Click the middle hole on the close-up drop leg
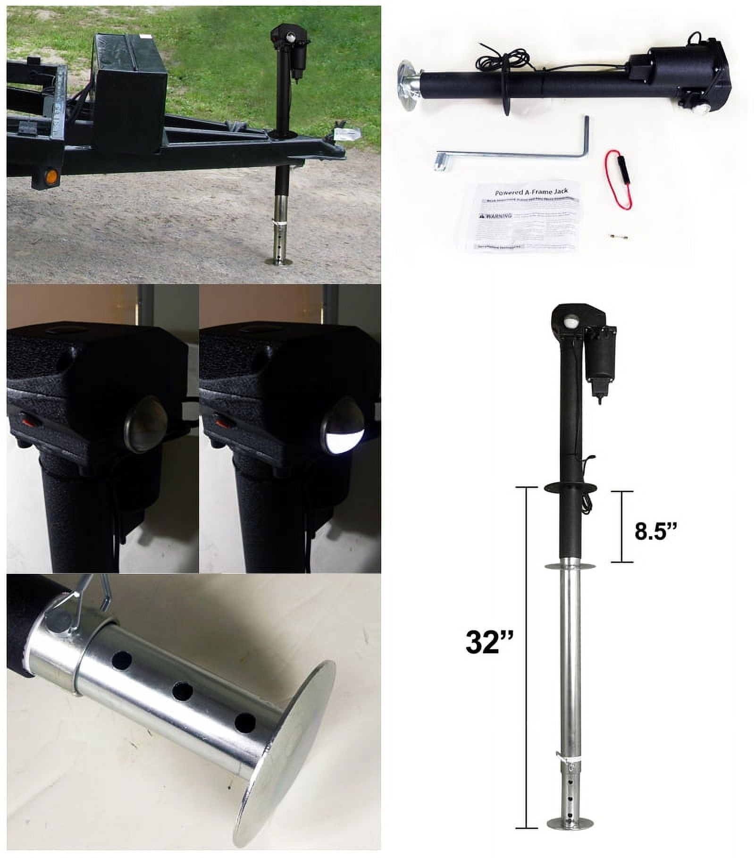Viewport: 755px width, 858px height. pos(182,691)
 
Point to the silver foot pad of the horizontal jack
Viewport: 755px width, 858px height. pos(406,85)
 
